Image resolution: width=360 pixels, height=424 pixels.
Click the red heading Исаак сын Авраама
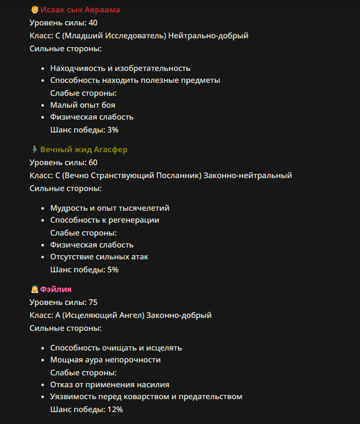[x=80, y=10]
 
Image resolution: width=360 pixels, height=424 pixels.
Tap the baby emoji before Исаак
[x=34, y=10]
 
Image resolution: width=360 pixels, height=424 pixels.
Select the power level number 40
[x=93, y=23]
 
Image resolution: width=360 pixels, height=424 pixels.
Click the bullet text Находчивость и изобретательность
[x=120, y=68]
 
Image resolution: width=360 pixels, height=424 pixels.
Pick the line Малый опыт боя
[x=82, y=105]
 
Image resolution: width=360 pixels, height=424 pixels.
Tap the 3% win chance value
[x=113, y=129]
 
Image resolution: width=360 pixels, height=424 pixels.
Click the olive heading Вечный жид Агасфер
[x=84, y=150]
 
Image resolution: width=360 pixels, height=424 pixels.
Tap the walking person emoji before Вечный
[x=34, y=150]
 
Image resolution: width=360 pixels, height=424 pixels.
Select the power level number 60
[x=93, y=163]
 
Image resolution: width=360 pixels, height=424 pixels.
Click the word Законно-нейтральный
[x=248, y=176]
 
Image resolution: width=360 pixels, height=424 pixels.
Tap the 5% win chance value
[x=113, y=269]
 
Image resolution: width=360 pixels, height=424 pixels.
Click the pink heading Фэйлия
[x=56, y=289]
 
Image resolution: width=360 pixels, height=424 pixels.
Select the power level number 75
[x=93, y=302]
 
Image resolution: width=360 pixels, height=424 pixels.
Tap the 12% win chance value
[x=115, y=409]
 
